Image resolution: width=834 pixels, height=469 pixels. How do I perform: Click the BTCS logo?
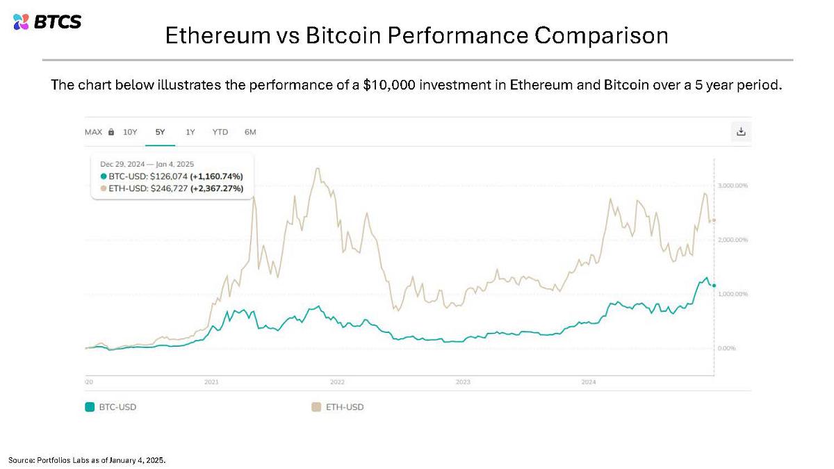(x=47, y=22)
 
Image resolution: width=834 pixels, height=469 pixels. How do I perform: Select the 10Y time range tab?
(x=130, y=132)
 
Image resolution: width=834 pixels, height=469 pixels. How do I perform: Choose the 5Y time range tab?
(x=160, y=132)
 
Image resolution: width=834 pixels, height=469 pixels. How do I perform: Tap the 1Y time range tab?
(x=190, y=132)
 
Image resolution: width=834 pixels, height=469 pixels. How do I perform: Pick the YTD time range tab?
(x=220, y=132)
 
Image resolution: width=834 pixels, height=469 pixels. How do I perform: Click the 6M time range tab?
(x=250, y=132)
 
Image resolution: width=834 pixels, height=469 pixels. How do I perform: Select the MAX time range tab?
(x=94, y=132)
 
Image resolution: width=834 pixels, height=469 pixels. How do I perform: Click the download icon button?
(x=741, y=131)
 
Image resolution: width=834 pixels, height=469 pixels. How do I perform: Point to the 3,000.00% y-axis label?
(x=733, y=186)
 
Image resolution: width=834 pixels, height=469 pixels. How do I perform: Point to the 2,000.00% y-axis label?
(x=733, y=240)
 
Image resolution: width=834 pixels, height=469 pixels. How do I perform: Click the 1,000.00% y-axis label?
(x=733, y=294)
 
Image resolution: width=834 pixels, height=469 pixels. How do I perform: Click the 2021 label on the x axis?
(x=212, y=382)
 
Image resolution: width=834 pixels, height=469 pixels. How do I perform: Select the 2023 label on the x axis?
(x=463, y=382)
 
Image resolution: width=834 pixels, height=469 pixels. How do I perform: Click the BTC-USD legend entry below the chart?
(x=111, y=407)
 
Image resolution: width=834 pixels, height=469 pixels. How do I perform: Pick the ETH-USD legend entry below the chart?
(x=338, y=407)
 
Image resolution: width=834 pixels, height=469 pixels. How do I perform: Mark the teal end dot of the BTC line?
(x=714, y=286)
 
